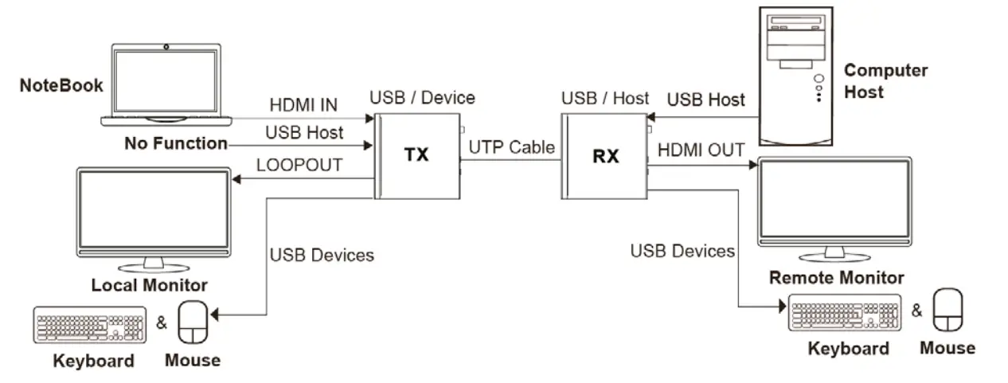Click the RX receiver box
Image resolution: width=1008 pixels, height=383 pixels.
605,156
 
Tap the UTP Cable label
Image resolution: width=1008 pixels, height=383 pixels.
511,147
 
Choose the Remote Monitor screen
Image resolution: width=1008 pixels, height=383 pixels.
834,202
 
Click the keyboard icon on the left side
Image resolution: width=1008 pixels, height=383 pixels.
90,324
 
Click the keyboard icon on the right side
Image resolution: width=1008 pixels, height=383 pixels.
845,313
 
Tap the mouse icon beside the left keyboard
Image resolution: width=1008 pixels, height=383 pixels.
192,322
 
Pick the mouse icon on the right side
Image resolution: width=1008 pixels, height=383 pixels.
947,310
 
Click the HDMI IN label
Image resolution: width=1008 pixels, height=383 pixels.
303,104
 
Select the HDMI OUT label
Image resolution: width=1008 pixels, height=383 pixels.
701,150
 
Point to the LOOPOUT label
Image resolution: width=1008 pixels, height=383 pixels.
299,165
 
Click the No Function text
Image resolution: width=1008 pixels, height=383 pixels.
175,143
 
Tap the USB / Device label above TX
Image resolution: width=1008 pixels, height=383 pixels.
422,98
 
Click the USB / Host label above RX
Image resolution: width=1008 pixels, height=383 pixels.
605,99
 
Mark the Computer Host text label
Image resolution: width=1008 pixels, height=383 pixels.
885,80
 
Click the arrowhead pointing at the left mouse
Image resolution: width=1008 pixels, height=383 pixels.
215,317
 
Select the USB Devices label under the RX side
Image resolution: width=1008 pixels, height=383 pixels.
682,252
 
